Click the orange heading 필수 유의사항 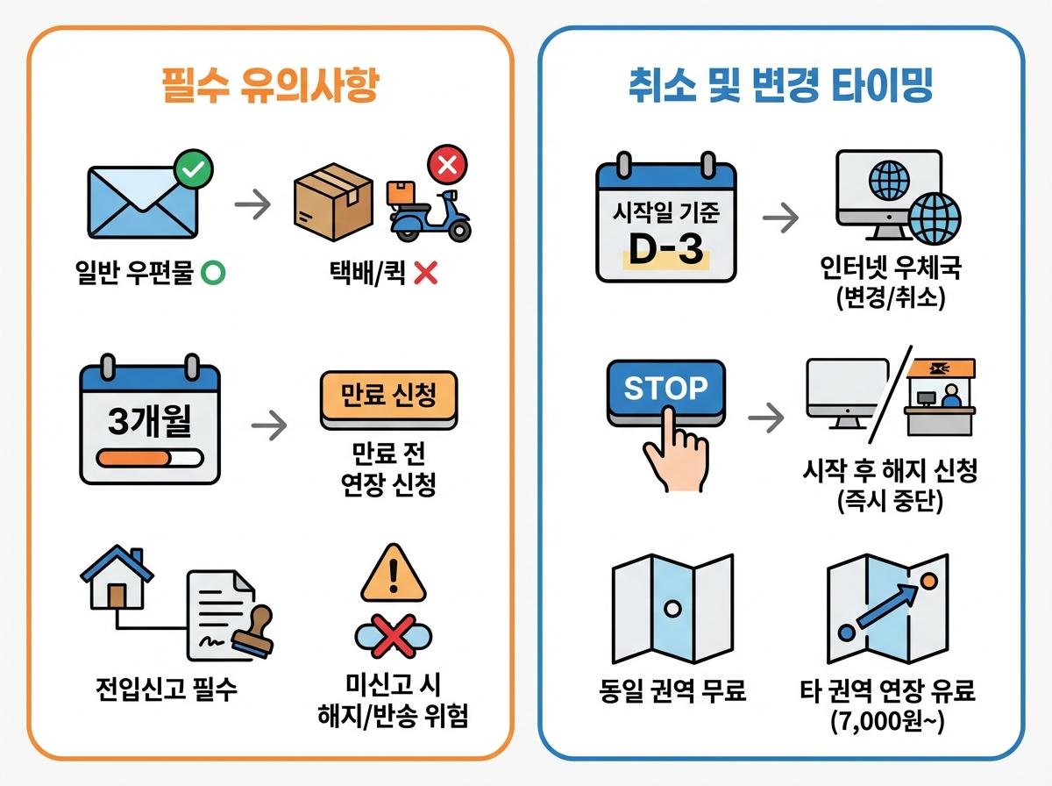(x=271, y=88)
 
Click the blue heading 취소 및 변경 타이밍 (x=779, y=88)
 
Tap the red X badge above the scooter (x=447, y=165)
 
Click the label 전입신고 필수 (x=167, y=690)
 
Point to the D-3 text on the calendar (x=666, y=249)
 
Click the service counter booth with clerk (x=940, y=397)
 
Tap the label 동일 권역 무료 (x=671, y=690)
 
